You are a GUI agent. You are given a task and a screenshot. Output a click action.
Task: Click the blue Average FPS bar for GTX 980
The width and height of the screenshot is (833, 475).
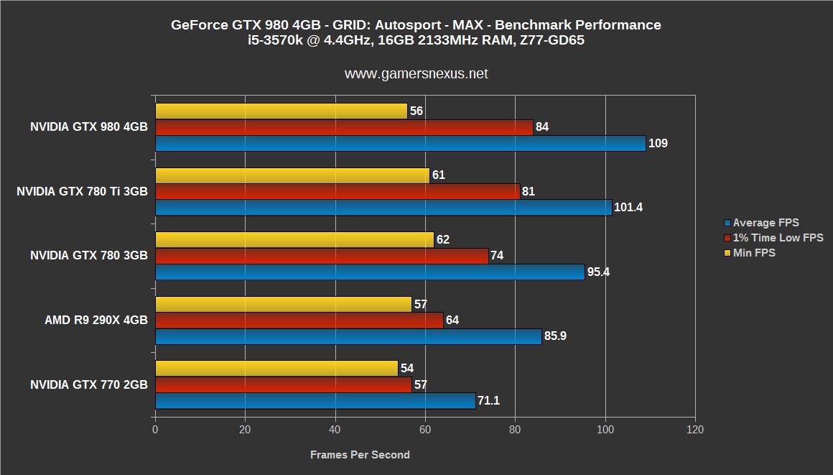click(x=400, y=143)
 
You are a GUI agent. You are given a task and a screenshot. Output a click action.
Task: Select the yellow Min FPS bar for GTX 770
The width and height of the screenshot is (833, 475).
click(x=276, y=368)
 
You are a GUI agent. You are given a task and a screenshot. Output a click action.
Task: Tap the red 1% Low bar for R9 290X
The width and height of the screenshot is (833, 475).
click(x=299, y=320)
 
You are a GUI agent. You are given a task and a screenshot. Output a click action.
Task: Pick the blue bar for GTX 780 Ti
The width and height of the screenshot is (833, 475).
click(x=383, y=208)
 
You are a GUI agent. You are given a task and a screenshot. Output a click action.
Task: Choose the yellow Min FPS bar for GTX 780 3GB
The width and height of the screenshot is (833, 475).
click(x=294, y=240)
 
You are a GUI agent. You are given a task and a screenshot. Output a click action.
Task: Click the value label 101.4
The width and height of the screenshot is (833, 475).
click(x=629, y=208)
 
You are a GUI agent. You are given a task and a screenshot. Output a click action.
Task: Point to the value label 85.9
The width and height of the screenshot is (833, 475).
click(x=555, y=336)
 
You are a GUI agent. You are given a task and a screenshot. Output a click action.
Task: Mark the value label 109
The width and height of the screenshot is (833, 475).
click(x=658, y=144)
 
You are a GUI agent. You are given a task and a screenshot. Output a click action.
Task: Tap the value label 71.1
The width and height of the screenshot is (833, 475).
click(x=488, y=400)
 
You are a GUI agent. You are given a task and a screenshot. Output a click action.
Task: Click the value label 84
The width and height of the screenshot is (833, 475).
click(x=542, y=127)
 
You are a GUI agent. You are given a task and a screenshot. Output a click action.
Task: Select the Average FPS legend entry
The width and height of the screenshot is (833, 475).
click(x=765, y=223)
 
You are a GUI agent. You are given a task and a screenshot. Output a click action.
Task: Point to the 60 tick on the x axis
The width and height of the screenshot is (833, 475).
click(x=425, y=430)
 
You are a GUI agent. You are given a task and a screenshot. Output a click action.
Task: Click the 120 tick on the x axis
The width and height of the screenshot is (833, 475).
click(x=695, y=430)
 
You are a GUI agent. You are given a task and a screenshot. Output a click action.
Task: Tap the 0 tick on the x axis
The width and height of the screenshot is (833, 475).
click(x=155, y=430)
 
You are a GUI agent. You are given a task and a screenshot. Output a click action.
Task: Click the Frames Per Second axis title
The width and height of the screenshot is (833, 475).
click(x=360, y=455)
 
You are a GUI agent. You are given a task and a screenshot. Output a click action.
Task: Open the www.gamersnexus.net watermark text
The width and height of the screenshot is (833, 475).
click(x=416, y=73)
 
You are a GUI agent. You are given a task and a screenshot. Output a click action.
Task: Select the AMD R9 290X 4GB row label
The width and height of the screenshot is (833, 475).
click(x=96, y=320)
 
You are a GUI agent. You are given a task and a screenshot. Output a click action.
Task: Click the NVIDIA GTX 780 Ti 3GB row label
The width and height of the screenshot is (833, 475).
click(x=83, y=191)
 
